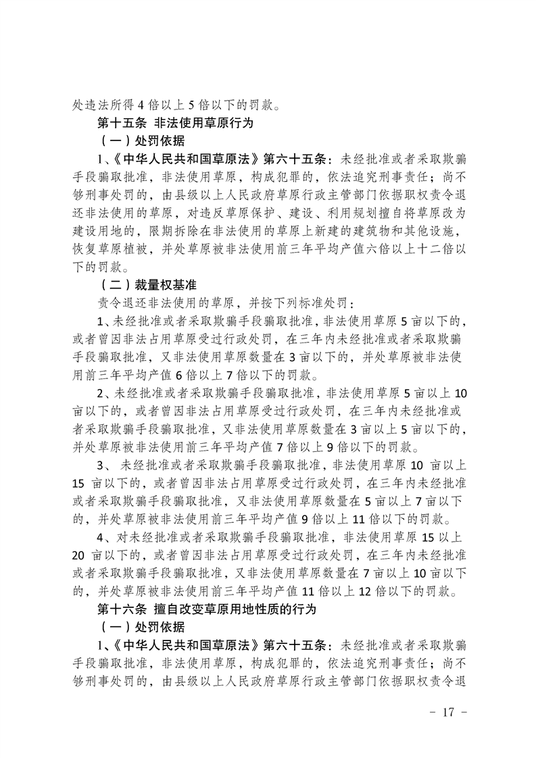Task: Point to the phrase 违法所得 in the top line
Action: pos(109,105)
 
